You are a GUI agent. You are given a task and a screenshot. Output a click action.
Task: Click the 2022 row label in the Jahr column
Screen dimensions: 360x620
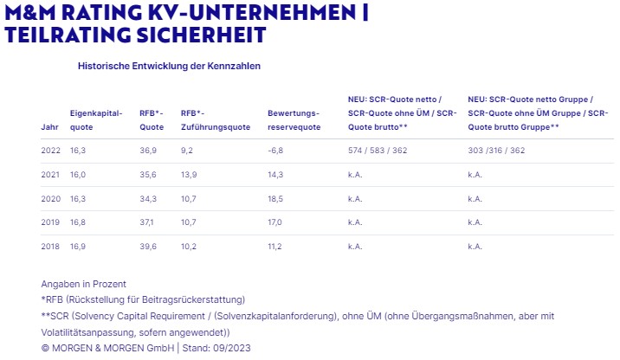coord(50,150)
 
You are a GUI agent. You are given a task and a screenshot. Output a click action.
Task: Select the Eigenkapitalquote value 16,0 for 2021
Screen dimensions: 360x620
coord(79,174)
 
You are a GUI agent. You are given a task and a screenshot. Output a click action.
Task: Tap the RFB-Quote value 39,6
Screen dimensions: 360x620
coord(148,247)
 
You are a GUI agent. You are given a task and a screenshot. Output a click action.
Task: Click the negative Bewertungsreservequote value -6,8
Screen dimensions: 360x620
coord(275,150)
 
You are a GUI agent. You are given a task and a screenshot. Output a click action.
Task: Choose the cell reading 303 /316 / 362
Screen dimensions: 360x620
coord(496,150)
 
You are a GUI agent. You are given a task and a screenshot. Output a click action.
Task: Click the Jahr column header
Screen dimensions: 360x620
coord(49,126)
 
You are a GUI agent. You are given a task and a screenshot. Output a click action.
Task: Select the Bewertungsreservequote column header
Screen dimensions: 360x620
coord(294,119)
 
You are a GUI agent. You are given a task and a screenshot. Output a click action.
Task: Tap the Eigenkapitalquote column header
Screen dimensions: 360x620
coord(96,119)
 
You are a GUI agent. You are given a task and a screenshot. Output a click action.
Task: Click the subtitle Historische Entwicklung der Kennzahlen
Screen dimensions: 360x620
coord(169,65)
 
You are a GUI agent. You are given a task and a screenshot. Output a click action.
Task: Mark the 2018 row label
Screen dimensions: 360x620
coord(50,247)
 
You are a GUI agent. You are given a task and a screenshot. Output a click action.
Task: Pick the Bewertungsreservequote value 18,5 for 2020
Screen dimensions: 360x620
coord(275,198)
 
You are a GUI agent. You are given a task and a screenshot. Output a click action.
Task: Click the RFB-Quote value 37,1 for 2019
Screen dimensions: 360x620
coord(148,222)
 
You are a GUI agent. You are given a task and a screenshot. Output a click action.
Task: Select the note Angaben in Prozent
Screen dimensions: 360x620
coord(83,284)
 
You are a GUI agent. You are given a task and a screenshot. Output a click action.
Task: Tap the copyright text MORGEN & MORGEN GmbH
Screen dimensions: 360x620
coord(112,347)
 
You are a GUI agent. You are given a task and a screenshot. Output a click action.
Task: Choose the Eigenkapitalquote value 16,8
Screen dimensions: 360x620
coord(79,222)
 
